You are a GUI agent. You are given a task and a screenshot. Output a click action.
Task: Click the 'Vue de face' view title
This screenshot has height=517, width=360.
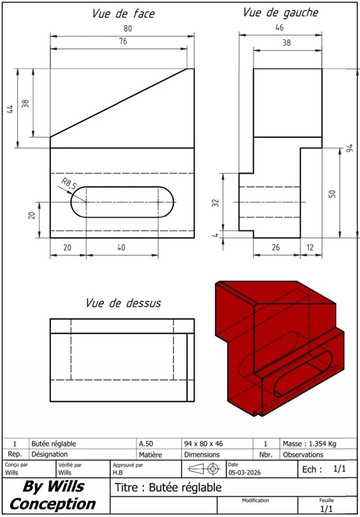pyautogui.click(x=124, y=14)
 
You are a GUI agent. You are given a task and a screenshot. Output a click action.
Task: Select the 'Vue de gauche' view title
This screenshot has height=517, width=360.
pyautogui.click(x=280, y=12)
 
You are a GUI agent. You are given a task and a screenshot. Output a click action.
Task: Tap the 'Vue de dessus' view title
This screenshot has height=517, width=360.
pyautogui.click(x=123, y=303)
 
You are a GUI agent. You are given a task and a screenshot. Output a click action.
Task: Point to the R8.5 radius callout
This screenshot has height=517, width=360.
pyautogui.click(x=69, y=185)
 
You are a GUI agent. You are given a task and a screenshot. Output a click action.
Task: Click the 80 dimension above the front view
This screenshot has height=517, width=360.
pyautogui.click(x=128, y=29)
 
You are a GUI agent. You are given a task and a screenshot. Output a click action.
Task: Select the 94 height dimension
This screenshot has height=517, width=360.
pyautogui.click(x=350, y=149)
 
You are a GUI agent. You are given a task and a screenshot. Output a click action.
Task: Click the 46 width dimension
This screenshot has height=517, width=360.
pyautogui.click(x=280, y=28)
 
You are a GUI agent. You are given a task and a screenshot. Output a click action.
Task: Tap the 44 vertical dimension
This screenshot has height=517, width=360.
pyautogui.click(x=11, y=108)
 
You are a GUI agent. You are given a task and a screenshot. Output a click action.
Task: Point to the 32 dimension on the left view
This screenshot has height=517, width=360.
pyautogui.click(x=215, y=202)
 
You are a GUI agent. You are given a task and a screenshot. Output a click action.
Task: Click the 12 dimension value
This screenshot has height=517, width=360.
pyautogui.click(x=310, y=248)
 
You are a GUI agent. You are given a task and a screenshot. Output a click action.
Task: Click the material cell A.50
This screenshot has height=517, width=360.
pyautogui.click(x=146, y=444)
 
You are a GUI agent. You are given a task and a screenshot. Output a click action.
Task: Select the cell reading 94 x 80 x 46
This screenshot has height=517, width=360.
pyautogui.click(x=204, y=444)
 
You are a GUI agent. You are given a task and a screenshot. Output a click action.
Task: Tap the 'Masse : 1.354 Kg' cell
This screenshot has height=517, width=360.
pyautogui.click(x=309, y=444)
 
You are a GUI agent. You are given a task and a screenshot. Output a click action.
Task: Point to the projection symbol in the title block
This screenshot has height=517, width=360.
pyautogui.click(x=203, y=468)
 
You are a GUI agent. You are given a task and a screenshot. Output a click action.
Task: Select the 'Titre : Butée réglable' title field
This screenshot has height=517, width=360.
pyautogui.click(x=168, y=488)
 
